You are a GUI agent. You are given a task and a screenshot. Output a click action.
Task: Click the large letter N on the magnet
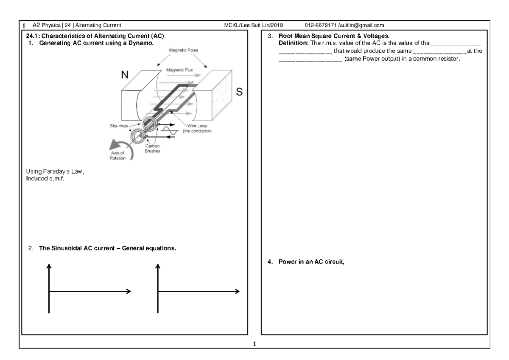pyautogui.click(x=125, y=75)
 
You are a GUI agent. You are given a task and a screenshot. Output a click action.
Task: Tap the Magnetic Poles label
pyautogui.click(x=184, y=50)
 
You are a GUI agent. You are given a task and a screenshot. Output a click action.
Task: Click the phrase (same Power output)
pyautogui.click(x=371, y=58)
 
